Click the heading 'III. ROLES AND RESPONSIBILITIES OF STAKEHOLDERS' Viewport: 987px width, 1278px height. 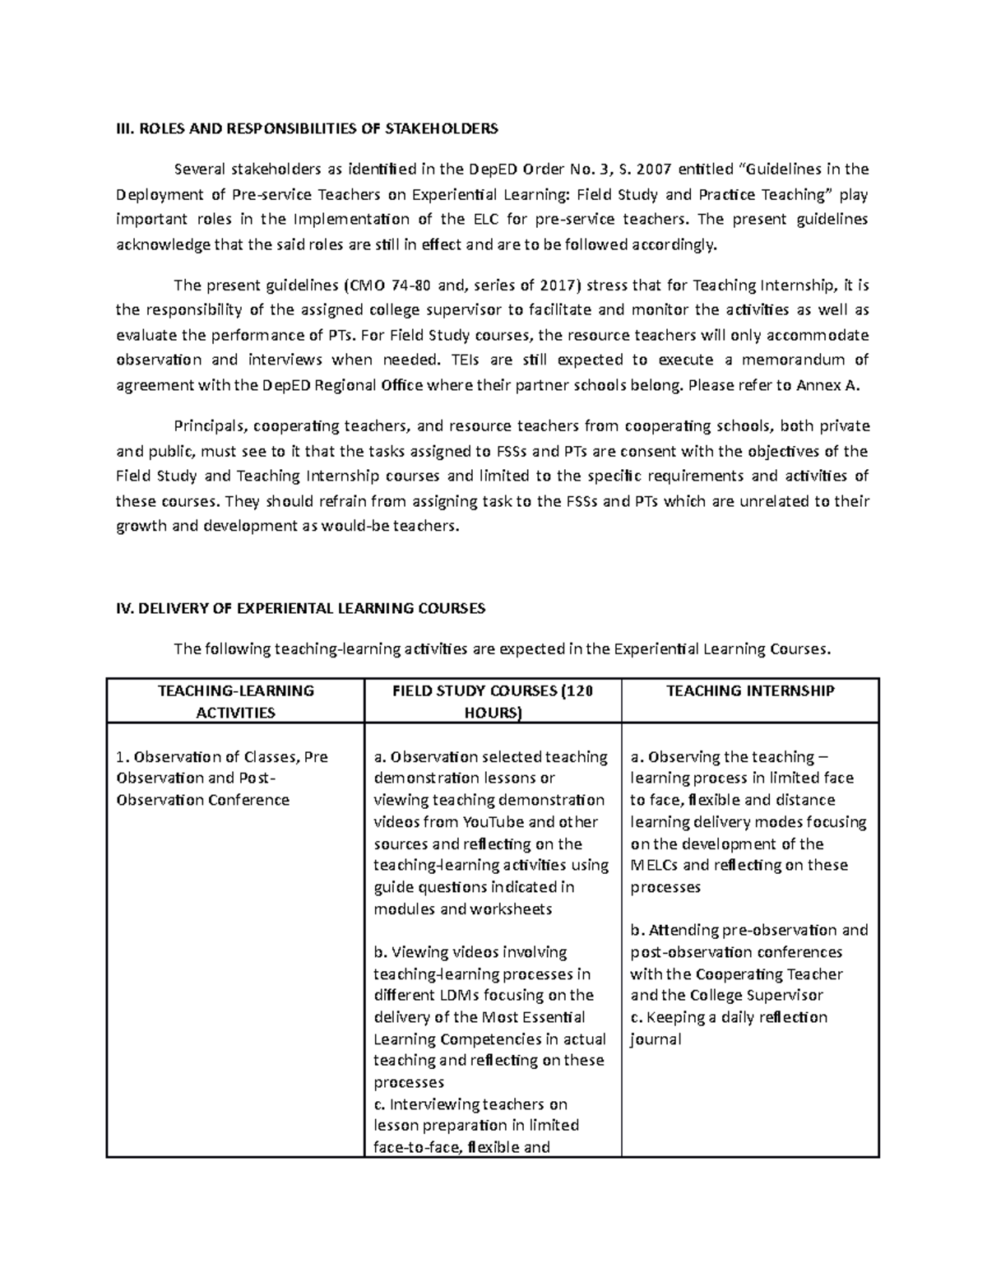coord(306,128)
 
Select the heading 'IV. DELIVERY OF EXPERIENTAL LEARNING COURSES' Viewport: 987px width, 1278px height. coord(300,608)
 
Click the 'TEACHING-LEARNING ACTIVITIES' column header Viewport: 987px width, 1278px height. coord(235,701)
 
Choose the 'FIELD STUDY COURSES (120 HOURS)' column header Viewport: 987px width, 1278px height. coord(493,701)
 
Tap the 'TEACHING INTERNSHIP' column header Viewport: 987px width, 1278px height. coord(750,690)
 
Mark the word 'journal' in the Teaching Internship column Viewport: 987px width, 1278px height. coord(656,1039)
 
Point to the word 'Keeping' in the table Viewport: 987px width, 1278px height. coord(674,1017)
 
